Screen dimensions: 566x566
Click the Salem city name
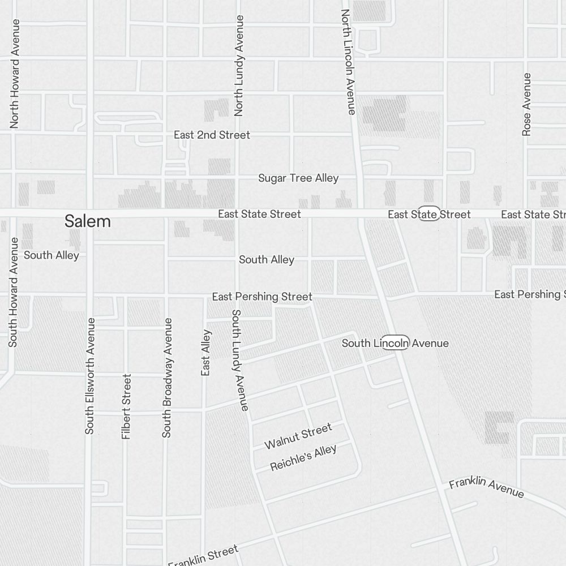pos(88,221)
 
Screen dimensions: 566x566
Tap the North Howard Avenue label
pos(15,74)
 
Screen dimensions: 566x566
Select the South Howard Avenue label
pos(13,292)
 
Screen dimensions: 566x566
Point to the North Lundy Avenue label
pos(239,66)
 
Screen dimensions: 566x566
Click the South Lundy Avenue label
pos(239,360)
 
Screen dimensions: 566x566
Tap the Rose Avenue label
pos(527,104)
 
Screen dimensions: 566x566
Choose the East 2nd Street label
pos(212,135)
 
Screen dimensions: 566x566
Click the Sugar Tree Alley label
pos(298,178)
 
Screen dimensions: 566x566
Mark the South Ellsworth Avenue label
pos(90,376)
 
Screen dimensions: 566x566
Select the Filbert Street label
pos(126,406)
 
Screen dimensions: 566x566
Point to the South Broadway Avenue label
pos(166,378)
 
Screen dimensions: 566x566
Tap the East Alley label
pos(206,353)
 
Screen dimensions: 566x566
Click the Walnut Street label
pos(298,436)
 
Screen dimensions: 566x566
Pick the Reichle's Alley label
pos(303,458)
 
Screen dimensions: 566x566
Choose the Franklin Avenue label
pos(486,488)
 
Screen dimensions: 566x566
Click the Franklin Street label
pos(203,556)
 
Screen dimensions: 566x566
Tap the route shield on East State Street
pos(429,214)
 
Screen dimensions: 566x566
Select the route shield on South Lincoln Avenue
pos(395,343)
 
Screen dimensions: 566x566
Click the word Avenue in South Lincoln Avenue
pos(430,343)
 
